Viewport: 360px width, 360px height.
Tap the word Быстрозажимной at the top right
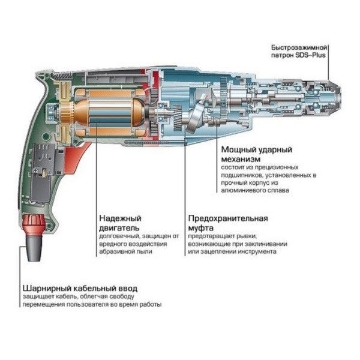pos(305,47)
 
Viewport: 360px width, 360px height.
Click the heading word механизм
pos(240,158)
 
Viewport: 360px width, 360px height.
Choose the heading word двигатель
pos(119,228)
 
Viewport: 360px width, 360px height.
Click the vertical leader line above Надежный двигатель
pos(94,180)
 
